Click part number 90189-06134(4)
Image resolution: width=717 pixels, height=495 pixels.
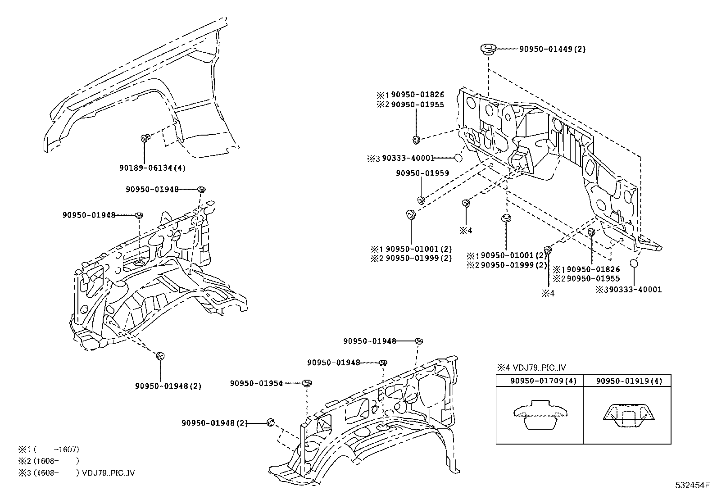(x=152, y=168)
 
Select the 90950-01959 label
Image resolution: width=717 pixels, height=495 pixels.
(x=422, y=173)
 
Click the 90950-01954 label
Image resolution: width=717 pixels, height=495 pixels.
(x=256, y=383)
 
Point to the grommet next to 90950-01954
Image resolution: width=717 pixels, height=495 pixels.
(x=307, y=384)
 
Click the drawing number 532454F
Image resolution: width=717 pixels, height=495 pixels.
(x=691, y=486)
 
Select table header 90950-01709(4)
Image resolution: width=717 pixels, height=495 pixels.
(x=540, y=381)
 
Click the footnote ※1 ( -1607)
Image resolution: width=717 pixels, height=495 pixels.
(x=48, y=449)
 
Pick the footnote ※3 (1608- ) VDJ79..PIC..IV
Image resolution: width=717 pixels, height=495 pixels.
(x=76, y=473)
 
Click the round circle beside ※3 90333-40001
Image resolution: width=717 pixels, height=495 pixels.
(x=458, y=158)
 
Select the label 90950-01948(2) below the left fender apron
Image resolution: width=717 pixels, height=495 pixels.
(x=168, y=386)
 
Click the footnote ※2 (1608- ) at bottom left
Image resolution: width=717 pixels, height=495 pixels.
(x=48, y=461)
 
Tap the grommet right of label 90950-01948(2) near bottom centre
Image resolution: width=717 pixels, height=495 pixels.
(x=271, y=422)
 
